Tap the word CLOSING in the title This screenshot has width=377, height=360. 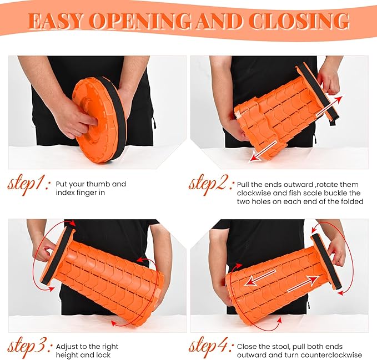[x=299, y=21]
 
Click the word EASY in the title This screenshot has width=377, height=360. [x=57, y=21]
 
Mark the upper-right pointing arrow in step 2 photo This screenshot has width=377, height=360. [x=329, y=106]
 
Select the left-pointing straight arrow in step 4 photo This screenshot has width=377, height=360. [x=260, y=278]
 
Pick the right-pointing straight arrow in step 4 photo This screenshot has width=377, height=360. [x=303, y=284]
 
